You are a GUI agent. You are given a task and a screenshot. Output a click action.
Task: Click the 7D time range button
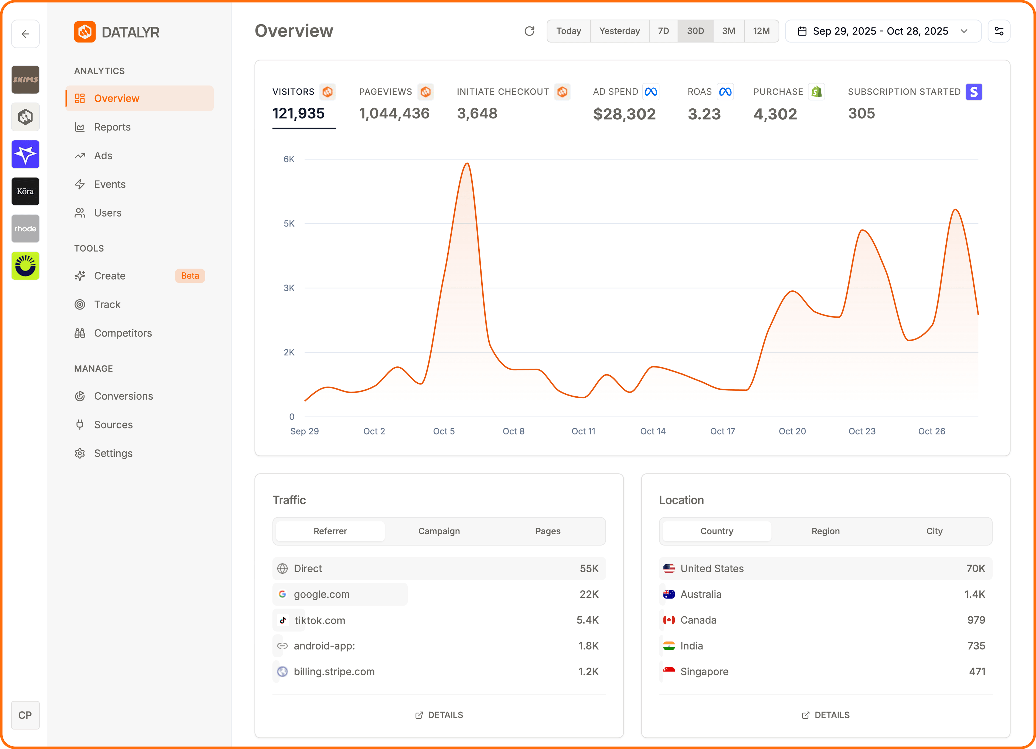[x=663, y=31]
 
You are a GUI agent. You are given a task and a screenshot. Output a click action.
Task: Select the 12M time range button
[x=761, y=31]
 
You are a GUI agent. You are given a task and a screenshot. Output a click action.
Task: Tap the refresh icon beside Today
[x=529, y=31]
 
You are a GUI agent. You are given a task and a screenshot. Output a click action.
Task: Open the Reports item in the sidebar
[x=112, y=127]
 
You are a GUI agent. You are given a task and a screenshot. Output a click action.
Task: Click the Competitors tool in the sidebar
[x=122, y=333]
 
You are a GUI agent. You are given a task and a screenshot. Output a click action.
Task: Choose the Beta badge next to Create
[x=190, y=276]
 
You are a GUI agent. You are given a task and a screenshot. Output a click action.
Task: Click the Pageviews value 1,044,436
[x=394, y=113]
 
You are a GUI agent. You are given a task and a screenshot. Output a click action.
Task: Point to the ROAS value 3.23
[x=704, y=114]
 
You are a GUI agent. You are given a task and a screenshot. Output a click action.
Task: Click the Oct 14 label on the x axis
[x=652, y=431]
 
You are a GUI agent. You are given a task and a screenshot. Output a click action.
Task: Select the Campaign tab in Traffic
[x=438, y=531]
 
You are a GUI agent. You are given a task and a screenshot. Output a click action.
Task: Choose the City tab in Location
[x=934, y=531]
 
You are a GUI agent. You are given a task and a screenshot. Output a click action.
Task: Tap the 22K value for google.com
[x=589, y=594]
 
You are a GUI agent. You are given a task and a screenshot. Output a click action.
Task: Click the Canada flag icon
[x=669, y=620]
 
